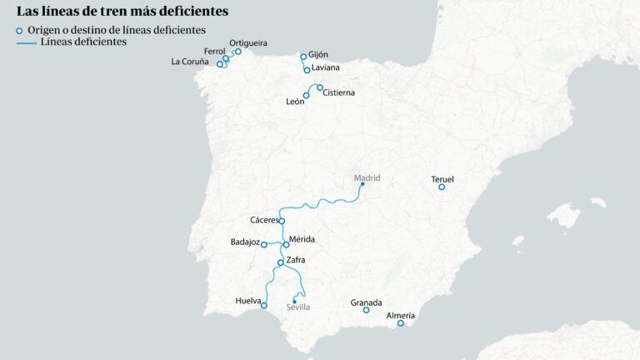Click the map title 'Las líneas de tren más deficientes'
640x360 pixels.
[x=122, y=12]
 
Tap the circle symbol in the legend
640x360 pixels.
[x=20, y=30]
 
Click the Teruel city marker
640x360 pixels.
[x=442, y=187]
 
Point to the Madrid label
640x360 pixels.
[x=367, y=177]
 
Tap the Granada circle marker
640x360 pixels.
[x=366, y=310]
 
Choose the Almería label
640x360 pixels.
[x=401, y=316]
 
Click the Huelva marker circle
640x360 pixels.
[x=264, y=305]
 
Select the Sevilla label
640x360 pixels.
[x=297, y=307]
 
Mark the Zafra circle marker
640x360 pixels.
[x=281, y=262]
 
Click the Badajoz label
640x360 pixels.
[x=245, y=242]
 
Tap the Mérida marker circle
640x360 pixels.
[x=286, y=245]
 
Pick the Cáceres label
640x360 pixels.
[x=264, y=220]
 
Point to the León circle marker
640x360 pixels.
[x=306, y=96]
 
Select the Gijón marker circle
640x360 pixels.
[x=303, y=57]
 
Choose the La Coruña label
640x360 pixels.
[x=190, y=62]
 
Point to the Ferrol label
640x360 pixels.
[x=214, y=52]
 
